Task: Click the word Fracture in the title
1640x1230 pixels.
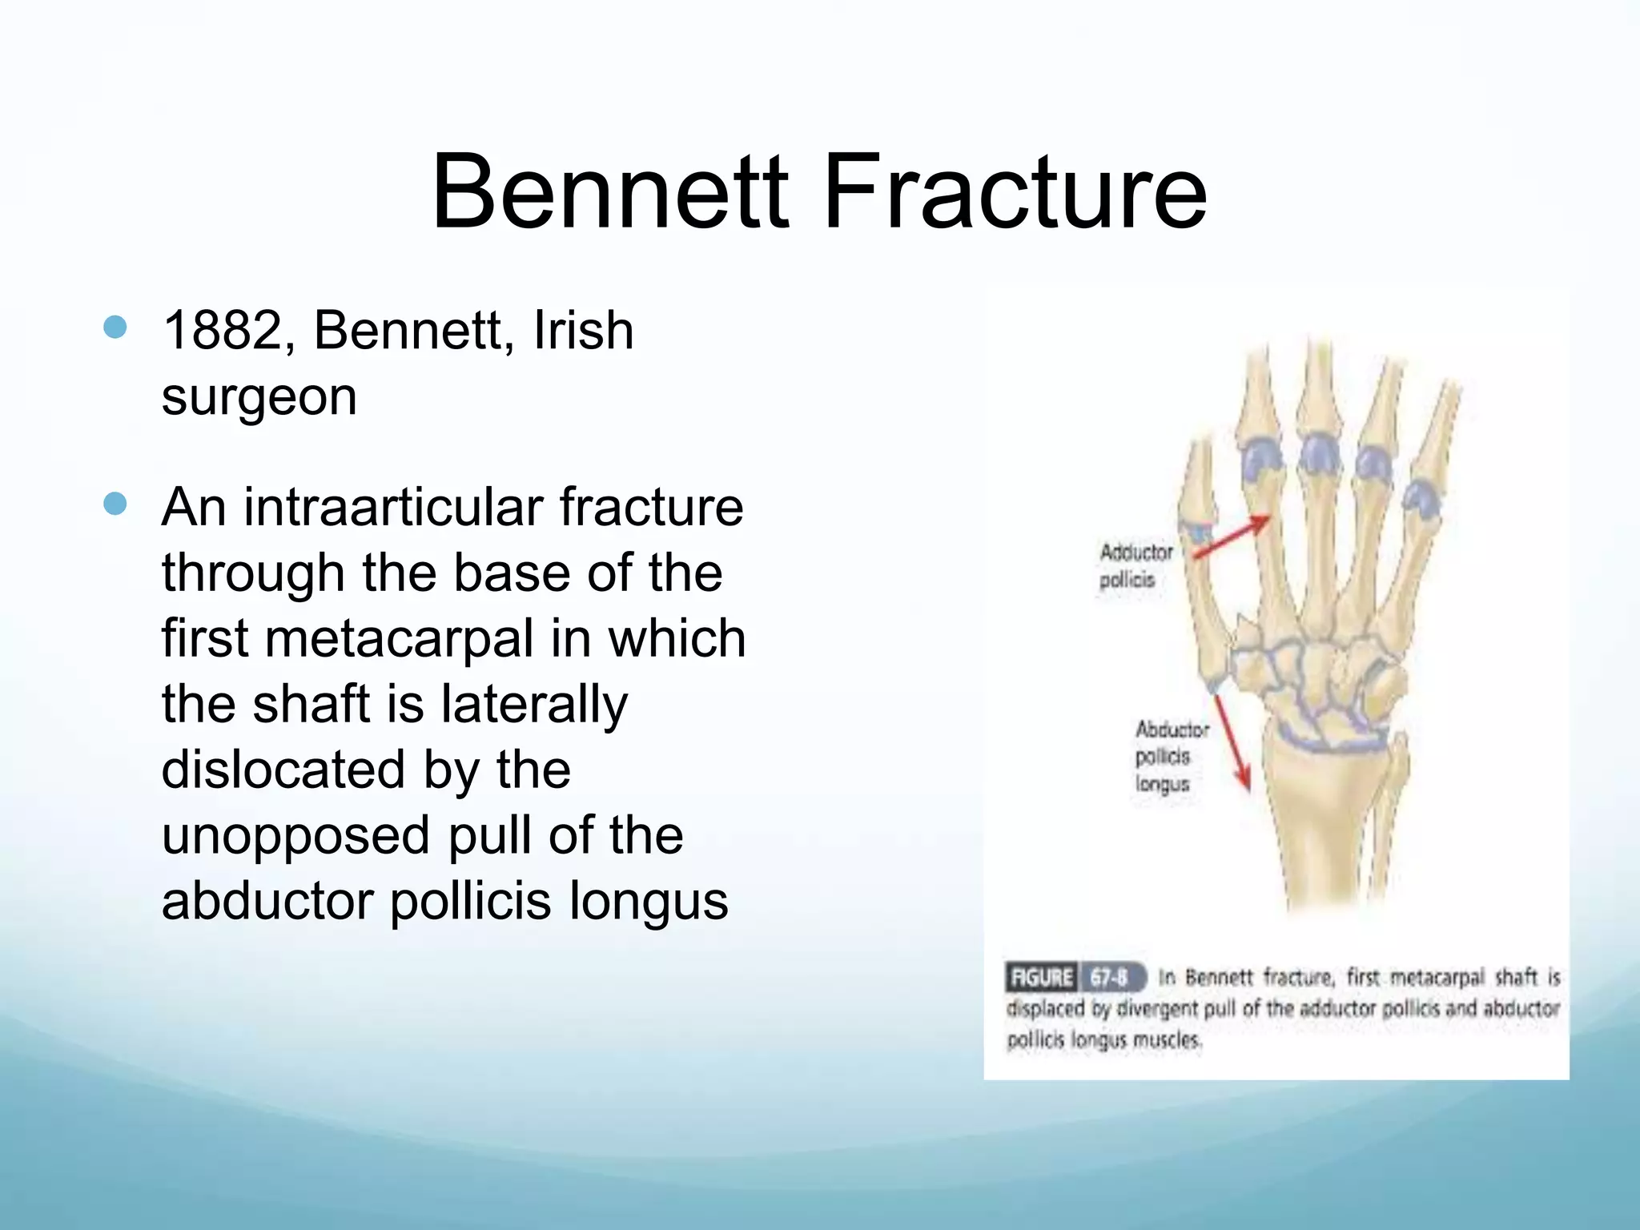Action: tap(1014, 192)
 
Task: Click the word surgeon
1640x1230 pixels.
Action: tap(259, 396)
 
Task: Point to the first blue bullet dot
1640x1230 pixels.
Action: tap(115, 327)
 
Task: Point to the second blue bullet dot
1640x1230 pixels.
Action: tap(115, 504)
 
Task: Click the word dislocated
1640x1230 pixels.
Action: tap(283, 770)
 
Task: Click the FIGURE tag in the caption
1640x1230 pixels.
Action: tap(1041, 978)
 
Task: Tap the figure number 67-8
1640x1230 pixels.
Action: tap(1110, 978)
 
